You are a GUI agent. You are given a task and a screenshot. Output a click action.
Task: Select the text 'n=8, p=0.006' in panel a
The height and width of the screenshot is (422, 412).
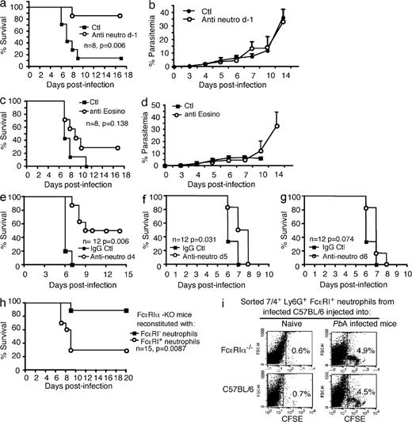point(120,50)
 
